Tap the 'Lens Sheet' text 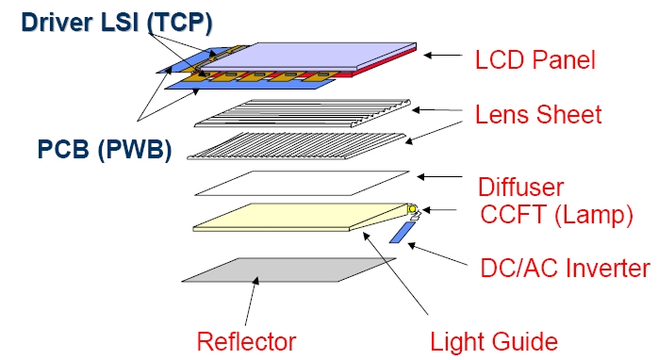pyautogui.click(x=538, y=115)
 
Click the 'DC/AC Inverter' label pyautogui.click(x=560, y=266)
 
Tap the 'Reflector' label pyautogui.click(x=245, y=340)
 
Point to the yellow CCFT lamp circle pyautogui.click(x=412, y=208)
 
